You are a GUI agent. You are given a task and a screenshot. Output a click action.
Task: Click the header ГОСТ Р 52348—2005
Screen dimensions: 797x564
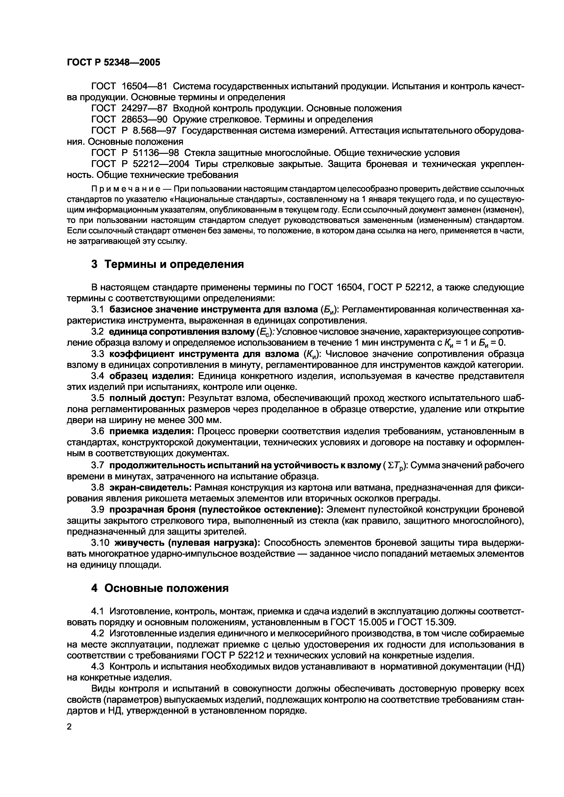[x=113, y=62]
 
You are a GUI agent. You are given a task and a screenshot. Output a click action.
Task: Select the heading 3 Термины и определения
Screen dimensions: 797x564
[x=167, y=264]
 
